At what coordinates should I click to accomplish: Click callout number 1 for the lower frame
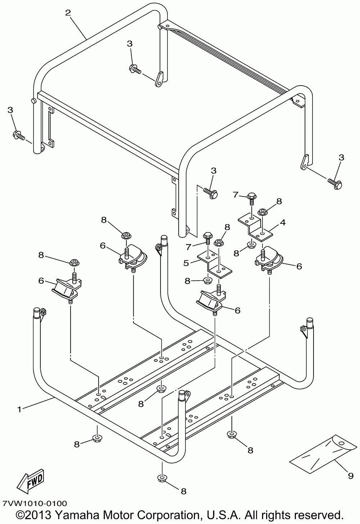tap(20, 410)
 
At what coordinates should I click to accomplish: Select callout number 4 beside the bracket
tap(283, 222)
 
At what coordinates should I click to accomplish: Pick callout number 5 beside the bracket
tap(186, 263)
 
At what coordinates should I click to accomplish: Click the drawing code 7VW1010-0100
tap(35, 502)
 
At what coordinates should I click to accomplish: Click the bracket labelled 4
tap(255, 226)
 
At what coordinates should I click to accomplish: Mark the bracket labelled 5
tap(215, 264)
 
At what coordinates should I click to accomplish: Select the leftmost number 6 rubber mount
tap(67, 290)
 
